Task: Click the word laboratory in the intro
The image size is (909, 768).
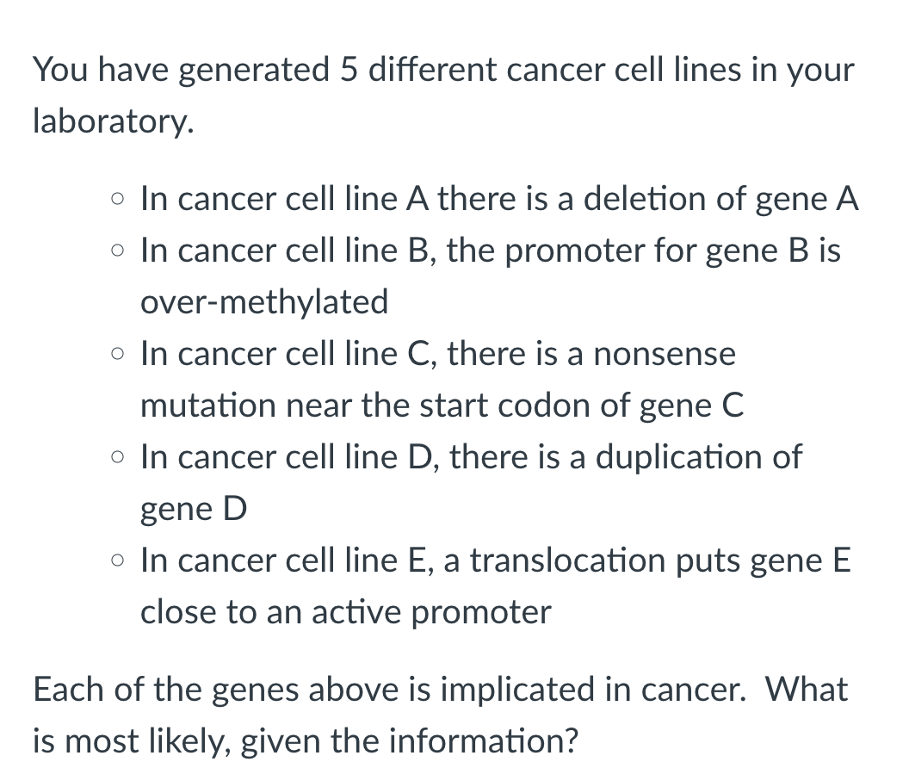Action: click(x=110, y=122)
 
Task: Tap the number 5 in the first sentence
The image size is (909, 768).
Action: click(x=348, y=70)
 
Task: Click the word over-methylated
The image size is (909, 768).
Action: click(x=264, y=301)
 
